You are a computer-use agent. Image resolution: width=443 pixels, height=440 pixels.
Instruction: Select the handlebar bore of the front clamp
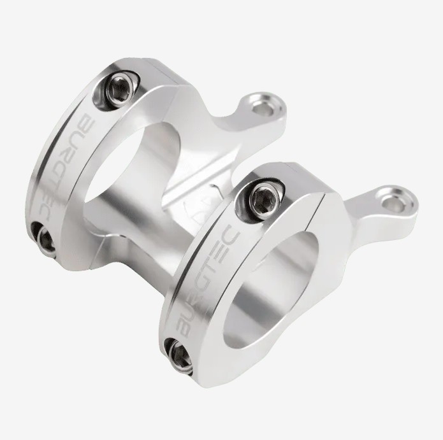(272, 291)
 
